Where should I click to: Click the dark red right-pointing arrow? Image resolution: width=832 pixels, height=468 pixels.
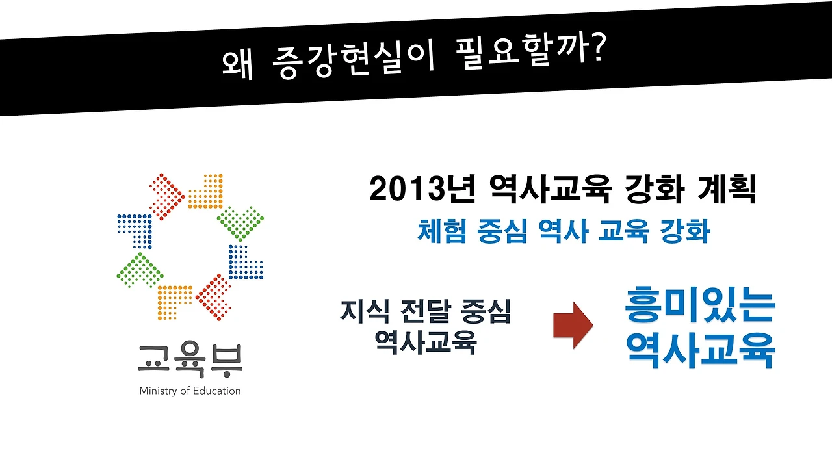tap(573, 325)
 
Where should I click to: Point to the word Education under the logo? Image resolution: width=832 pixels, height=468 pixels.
tap(217, 391)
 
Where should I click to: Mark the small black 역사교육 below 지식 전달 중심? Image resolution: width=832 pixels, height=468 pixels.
tap(426, 343)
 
